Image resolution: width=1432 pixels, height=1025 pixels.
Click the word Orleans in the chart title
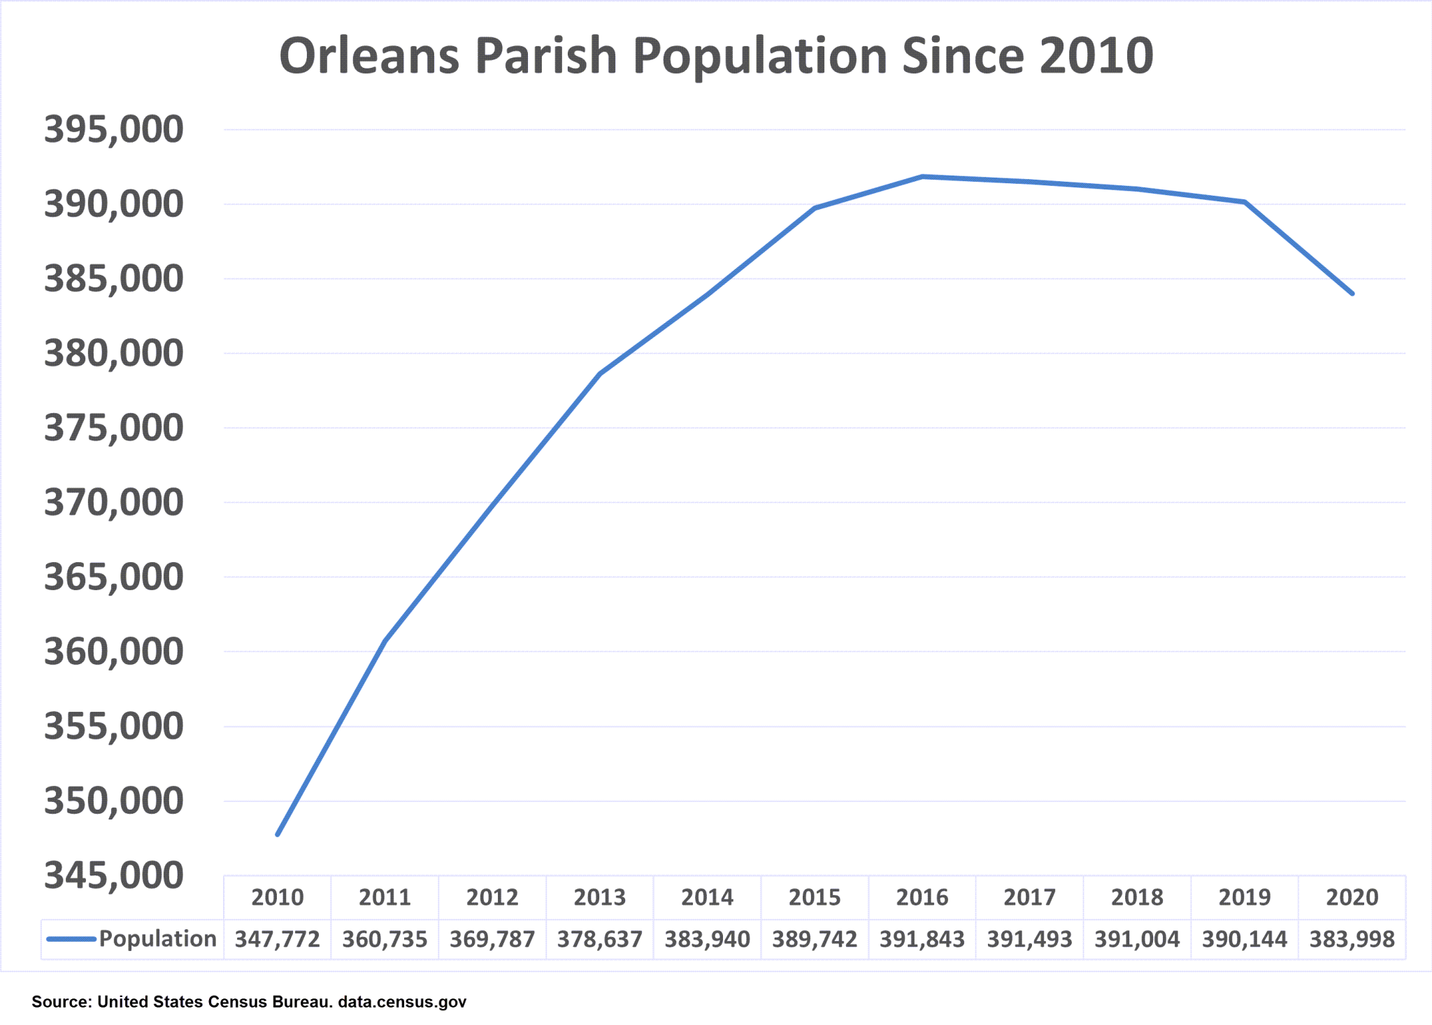(x=369, y=56)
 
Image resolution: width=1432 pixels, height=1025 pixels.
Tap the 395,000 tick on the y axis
(x=113, y=130)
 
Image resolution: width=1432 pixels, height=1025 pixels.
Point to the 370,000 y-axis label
(x=113, y=503)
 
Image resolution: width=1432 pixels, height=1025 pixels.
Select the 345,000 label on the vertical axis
(x=113, y=875)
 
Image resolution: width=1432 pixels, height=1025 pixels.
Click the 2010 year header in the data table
(x=278, y=897)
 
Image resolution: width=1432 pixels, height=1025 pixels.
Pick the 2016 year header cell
(x=922, y=897)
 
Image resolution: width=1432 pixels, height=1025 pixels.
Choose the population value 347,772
(x=278, y=939)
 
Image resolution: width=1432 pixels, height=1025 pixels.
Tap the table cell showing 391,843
(x=922, y=939)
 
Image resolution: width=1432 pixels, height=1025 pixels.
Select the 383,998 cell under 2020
(x=1352, y=939)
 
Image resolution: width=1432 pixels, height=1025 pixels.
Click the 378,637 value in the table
(x=600, y=939)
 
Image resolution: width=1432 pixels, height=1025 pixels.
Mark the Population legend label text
(x=157, y=939)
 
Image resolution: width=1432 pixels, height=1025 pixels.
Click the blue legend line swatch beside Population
(x=71, y=939)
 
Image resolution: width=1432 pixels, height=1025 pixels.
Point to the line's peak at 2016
(x=922, y=177)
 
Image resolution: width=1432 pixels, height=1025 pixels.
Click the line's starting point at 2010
(x=278, y=834)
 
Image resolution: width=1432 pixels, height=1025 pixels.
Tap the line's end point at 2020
(x=1352, y=294)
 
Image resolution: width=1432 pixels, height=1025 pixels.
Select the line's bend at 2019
(x=1245, y=202)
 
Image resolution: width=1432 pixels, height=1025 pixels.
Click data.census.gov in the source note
(x=402, y=1002)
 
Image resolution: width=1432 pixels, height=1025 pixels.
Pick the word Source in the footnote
(x=59, y=1002)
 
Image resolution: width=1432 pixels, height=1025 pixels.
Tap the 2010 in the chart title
(x=1096, y=56)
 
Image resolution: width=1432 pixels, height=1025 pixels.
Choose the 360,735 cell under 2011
(x=385, y=939)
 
